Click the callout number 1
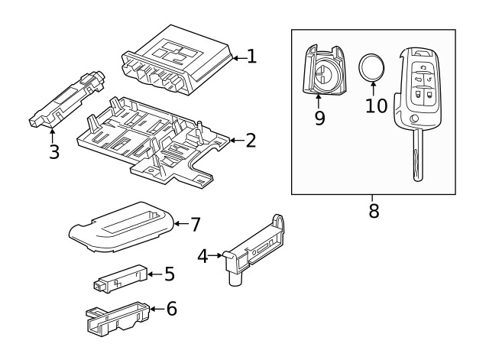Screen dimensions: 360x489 click(x=251, y=56)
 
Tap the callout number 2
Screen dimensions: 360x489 click(x=250, y=140)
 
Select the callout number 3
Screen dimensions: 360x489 click(x=53, y=151)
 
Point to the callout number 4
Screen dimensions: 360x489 click(x=202, y=255)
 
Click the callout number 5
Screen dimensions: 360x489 click(x=170, y=274)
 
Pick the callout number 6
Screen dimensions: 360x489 click(x=171, y=309)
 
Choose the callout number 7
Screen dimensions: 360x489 click(x=195, y=224)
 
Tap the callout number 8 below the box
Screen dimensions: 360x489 click(x=374, y=211)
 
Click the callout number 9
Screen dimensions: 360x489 click(x=319, y=118)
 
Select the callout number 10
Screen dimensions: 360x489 click(x=376, y=105)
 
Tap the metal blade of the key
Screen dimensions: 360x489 click(x=417, y=157)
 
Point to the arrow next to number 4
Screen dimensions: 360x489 click(x=216, y=255)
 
